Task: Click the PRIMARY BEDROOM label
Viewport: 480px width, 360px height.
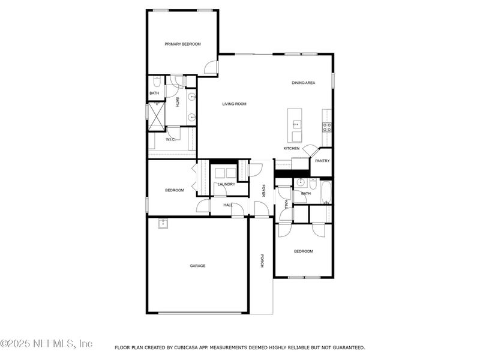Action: point(182,44)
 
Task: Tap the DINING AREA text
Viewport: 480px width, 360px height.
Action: point(303,83)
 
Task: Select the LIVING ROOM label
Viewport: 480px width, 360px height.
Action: point(234,104)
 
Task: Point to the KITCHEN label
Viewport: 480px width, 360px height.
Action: point(292,148)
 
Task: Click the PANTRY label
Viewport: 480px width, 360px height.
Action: point(322,161)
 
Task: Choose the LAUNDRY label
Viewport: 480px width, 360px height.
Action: point(226,184)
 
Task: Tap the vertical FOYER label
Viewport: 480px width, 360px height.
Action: point(263,190)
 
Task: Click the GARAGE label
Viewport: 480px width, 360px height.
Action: point(198,265)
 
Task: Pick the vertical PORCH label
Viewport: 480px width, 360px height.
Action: point(262,262)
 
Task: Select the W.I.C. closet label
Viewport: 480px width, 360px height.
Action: point(170,139)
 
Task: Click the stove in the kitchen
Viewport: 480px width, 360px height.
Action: point(327,127)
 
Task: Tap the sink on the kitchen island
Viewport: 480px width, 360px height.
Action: point(296,125)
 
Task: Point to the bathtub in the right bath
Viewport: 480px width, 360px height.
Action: point(326,193)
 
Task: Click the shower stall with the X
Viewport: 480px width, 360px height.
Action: point(156,116)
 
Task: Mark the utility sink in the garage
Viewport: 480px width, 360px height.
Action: point(163,224)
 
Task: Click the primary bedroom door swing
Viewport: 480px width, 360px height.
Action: point(211,67)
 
